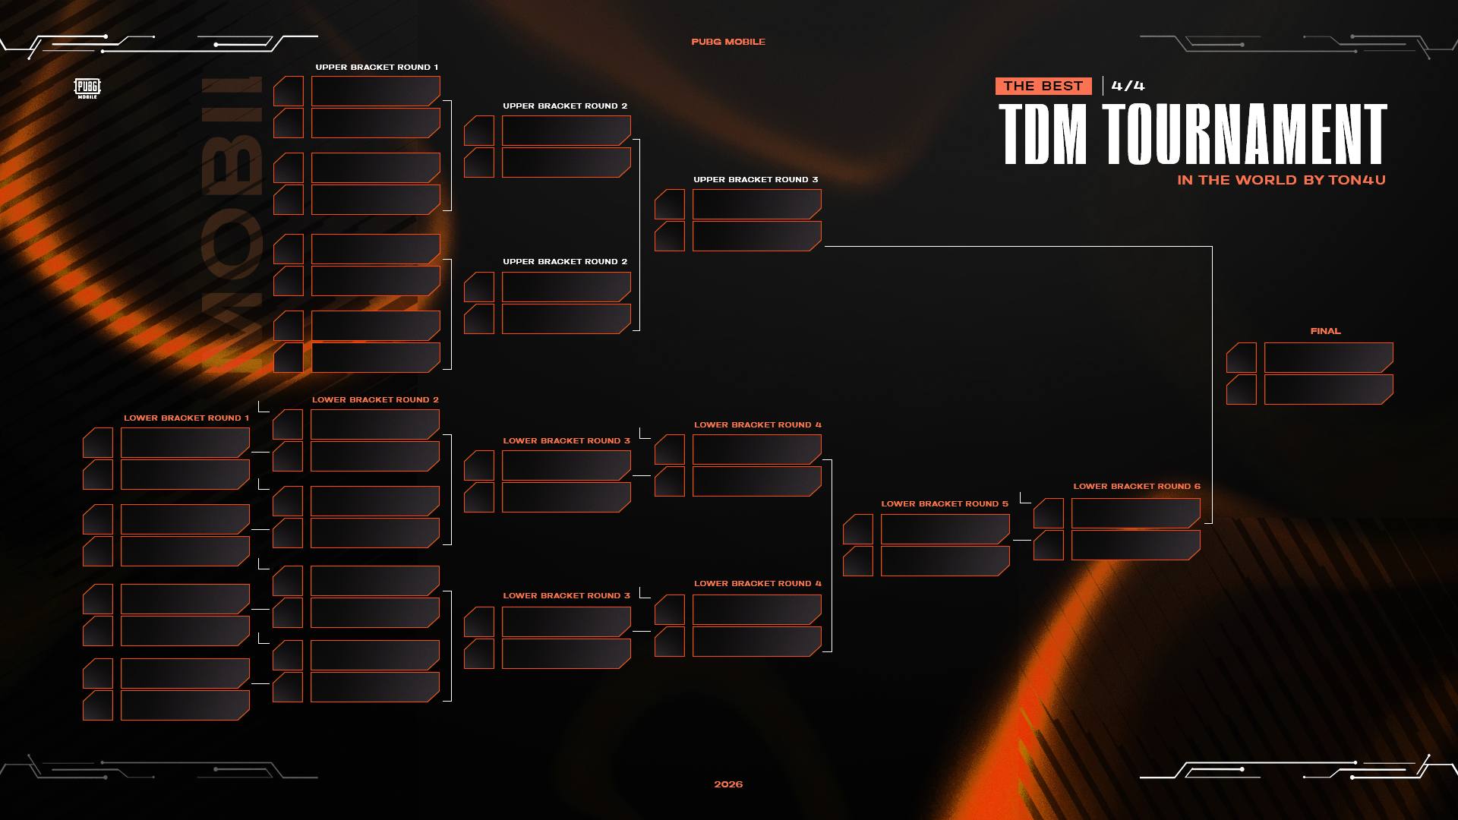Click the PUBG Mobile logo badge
pos(87,88)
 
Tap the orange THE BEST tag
pos(1043,86)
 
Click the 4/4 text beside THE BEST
pos(1128,86)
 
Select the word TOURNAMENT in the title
pos(1245,134)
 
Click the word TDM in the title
pos(1043,134)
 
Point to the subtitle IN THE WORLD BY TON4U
pos(1281,180)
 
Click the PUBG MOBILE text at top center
pos(728,42)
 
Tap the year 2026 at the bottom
pos(728,784)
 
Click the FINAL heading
pos(1326,331)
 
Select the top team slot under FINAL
pos(1329,358)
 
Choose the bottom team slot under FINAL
pos(1329,389)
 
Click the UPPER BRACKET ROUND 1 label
pos(377,68)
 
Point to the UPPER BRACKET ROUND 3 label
pos(756,180)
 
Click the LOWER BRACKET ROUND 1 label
pos(186,418)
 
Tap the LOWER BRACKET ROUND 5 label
pos(945,504)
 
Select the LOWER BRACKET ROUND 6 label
pos(1137,487)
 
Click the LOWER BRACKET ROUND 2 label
pos(375,400)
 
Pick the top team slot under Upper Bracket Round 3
pos(757,204)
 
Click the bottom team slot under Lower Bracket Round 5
pos(945,561)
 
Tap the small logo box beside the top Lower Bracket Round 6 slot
pos(1049,513)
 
